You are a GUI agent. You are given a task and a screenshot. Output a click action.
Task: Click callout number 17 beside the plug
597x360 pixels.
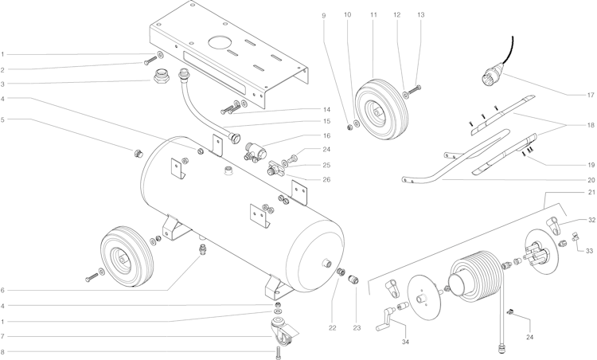coord(590,96)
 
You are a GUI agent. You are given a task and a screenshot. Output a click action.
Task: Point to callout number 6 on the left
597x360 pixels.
coord(3,291)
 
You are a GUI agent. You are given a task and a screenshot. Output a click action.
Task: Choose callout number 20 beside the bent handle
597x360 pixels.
coord(590,180)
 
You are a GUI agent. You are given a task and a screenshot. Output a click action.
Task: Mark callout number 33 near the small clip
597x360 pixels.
coord(590,249)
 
